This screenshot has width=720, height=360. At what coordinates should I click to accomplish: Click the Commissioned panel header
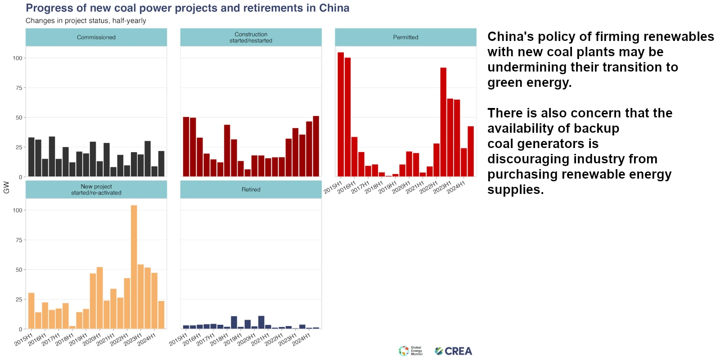(x=96, y=37)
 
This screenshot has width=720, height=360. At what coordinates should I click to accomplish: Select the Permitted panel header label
(x=405, y=37)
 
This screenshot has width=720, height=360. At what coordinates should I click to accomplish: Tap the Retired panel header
(x=251, y=189)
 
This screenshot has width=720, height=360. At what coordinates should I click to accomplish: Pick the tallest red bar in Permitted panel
(x=341, y=114)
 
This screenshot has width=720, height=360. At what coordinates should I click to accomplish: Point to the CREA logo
(x=454, y=351)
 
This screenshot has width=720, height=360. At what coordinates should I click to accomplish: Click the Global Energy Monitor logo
(x=410, y=351)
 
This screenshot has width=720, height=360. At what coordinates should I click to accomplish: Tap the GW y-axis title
(x=6, y=187)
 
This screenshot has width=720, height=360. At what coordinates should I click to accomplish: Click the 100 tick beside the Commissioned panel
(x=17, y=58)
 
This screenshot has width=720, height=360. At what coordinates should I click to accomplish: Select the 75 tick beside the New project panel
(x=18, y=240)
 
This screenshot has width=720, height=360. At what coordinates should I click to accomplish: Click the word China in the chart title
(x=334, y=8)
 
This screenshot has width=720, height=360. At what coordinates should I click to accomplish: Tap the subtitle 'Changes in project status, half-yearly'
(x=86, y=21)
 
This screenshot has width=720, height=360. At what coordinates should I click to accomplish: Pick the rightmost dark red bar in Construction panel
(x=316, y=146)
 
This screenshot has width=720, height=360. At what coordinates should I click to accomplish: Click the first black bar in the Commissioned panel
(x=31, y=157)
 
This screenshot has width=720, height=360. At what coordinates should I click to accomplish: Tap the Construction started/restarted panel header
(x=251, y=37)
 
